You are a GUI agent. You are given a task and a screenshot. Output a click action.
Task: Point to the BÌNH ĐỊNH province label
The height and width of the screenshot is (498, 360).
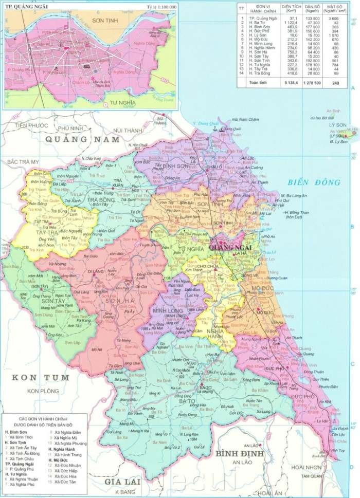pyautogui.click(x=239, y=454)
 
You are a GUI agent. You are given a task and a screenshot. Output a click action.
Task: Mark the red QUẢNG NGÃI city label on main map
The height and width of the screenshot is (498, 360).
pyautogui.click(x=230, y=248)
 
